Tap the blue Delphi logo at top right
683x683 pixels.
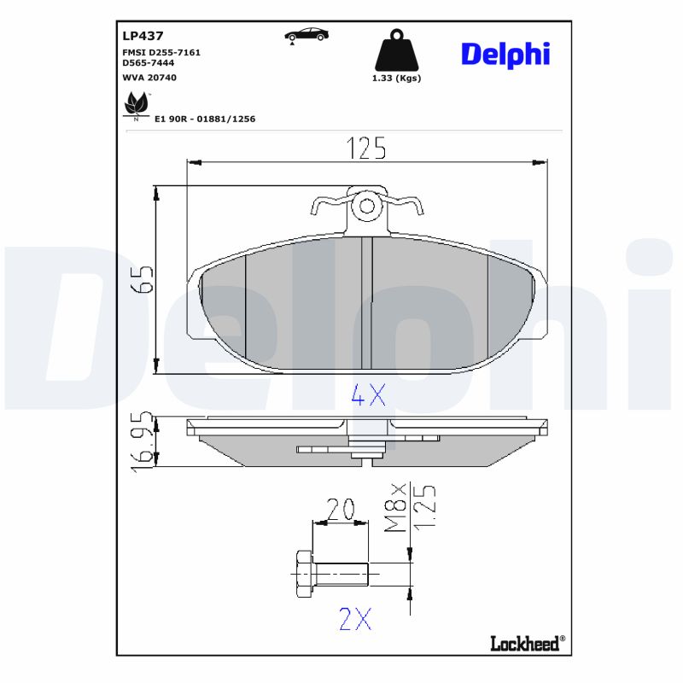click(505, 54)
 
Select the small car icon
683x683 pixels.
click(306, 35)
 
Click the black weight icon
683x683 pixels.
click(396, 52)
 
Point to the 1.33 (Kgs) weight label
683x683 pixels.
click(396, 78)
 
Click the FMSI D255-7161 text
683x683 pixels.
click(161, 52)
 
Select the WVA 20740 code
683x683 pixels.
click(149, 76)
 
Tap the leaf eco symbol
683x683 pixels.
click(135, 106)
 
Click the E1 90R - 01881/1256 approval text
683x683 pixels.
click(204, 119)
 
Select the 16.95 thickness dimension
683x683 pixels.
click(143, 441)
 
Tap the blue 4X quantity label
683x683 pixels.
click(369, 395)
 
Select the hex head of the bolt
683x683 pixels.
click(301, 574)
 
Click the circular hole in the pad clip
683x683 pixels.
click(367, 206)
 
